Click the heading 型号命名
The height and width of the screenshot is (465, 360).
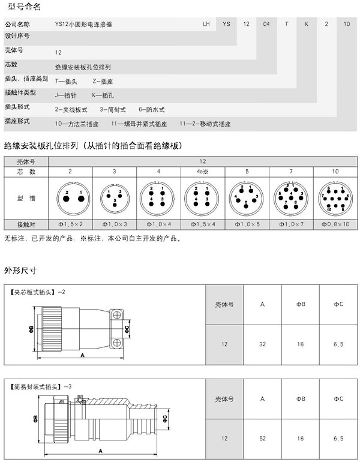(x=21, y=8)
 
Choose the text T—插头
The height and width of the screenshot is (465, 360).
(x=67, y=80)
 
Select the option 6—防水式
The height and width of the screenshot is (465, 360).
(x=152, y=109)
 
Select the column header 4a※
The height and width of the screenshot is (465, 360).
(x=203, y=172)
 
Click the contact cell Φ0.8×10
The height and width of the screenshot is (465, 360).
(x=335, y=224)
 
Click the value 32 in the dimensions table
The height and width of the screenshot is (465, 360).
(x=262, y=344)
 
